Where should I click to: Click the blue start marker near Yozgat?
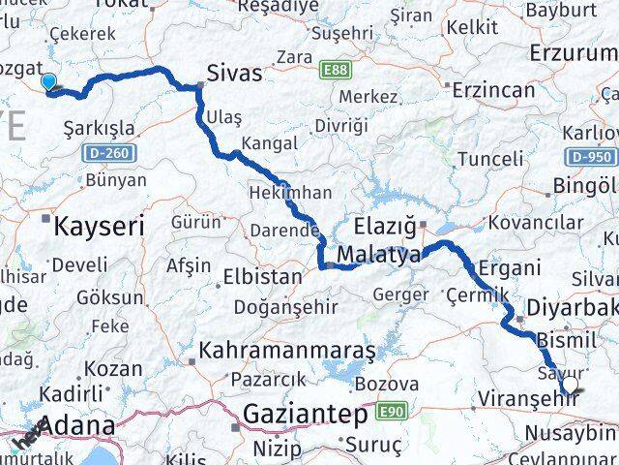pyautogui.click(x=48, y=84)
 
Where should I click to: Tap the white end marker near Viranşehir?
pyautogui.click(x=570, y=386)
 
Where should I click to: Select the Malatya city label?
pyautogui.click(x=379, y=256)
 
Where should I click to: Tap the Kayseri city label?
pyautogui.click(x=100, y=227)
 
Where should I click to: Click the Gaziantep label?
pyautogui.click(x=306, y=415)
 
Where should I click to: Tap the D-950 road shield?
pyautogui.click(x=591, y=156)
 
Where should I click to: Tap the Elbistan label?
pyautogui.click(x=262, y=276)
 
